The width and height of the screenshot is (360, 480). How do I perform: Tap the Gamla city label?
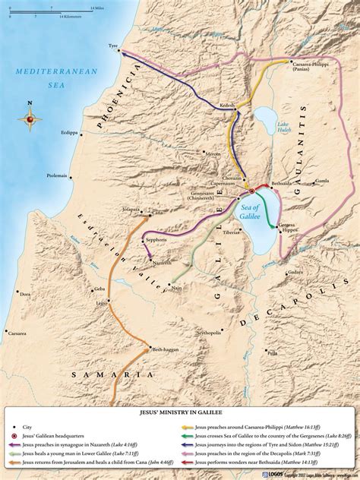pos(322,182)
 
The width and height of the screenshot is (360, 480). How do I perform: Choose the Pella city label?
pos(272,352)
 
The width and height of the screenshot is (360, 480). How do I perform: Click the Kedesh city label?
pos(229,100)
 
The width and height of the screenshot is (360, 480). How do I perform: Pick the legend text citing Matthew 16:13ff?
pos(258,409)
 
